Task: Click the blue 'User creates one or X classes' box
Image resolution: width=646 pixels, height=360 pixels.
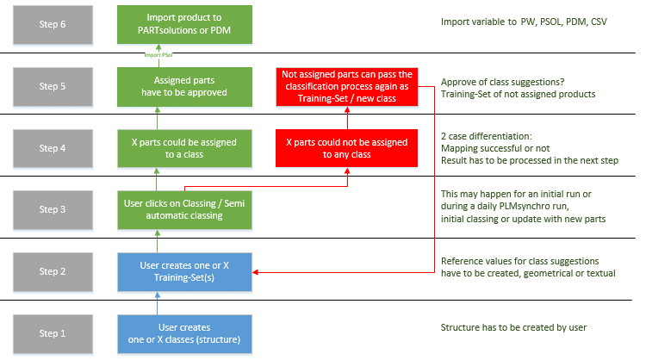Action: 184,333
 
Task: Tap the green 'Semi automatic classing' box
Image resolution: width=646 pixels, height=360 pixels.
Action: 184,209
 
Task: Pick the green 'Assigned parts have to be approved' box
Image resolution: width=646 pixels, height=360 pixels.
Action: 184,87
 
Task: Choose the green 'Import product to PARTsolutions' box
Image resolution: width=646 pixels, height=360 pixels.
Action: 184,24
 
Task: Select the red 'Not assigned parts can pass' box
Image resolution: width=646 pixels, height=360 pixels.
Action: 346,87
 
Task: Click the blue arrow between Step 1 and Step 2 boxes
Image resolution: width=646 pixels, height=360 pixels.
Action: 158,302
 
